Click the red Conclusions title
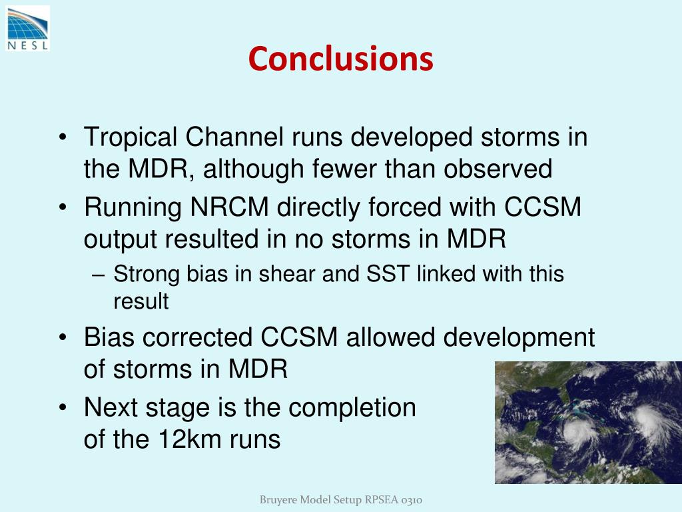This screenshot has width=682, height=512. click(340, 59)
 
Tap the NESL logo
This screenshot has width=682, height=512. click(28, 29)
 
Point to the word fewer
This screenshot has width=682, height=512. click(344, 169)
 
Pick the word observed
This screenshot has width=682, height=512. click(498, 169)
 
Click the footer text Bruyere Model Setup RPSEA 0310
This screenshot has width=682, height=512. click(341, 500)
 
